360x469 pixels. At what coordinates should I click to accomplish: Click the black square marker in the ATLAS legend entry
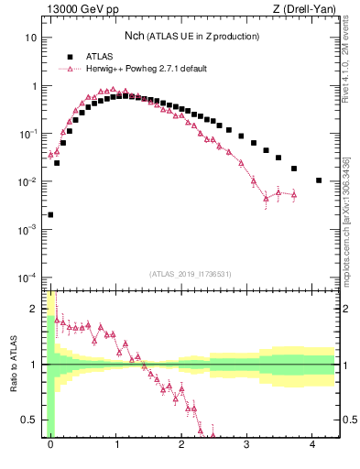click(x=69, y=56)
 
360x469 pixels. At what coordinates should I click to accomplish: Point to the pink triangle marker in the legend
click(x=69, y=68)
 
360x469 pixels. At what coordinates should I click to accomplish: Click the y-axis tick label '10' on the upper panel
click(x=31, y=38)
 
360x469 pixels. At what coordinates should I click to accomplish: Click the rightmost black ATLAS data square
click(x=319, y=180)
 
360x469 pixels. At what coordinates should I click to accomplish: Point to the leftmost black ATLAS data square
click(x=50, y=214)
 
